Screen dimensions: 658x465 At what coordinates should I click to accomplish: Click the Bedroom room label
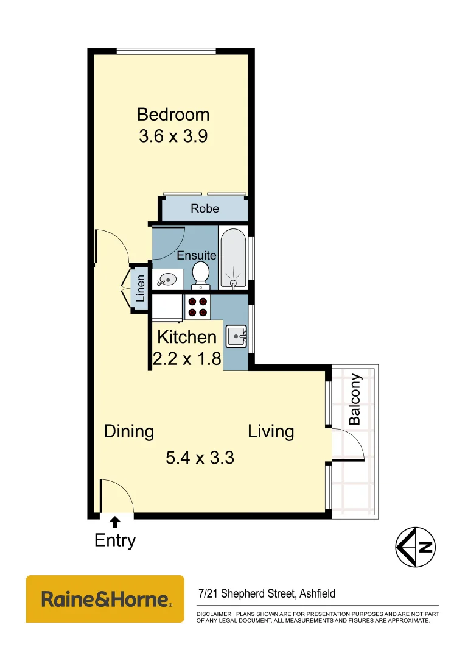coord(173,114)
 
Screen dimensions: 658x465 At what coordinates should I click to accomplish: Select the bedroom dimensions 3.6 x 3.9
coord(173,136)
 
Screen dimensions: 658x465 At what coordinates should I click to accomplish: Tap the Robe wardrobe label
coord(205,208)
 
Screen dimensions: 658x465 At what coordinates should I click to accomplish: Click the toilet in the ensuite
coord(201,274)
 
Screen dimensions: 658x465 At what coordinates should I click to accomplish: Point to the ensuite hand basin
coord(166,280)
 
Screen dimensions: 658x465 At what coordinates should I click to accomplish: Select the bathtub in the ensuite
coord(234,258)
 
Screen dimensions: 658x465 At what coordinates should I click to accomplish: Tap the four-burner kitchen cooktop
coord(198,306)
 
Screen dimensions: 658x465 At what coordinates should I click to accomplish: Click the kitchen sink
coord(236,336)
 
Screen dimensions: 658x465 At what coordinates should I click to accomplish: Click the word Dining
coord(128,431)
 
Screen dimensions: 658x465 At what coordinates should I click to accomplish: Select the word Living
coord(271,431)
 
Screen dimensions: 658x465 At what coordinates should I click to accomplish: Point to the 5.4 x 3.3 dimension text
coord(200,457)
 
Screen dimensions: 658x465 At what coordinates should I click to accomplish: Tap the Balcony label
coord(354,399)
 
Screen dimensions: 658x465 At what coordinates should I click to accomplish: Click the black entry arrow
coord(114,520)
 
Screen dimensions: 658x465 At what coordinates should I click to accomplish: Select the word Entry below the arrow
coord(115,540)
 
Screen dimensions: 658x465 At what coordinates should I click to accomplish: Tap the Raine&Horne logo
coord(105,599)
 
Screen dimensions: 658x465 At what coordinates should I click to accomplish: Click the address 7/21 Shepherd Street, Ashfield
coord(267,593)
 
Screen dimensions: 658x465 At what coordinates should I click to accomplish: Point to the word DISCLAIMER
coord(214,614)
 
